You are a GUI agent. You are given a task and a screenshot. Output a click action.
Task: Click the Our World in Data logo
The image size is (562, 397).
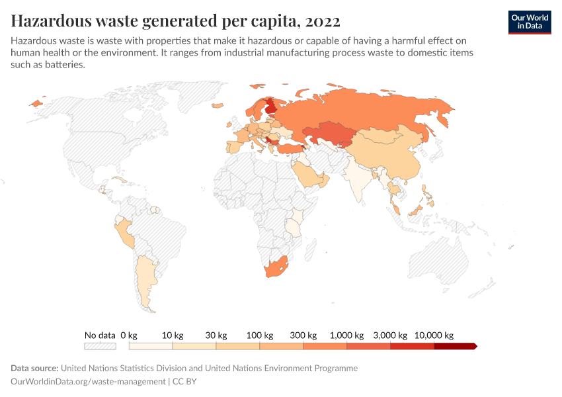pyautogui.click(x=529, y=22)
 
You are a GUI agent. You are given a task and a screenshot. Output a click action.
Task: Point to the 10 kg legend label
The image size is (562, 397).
pyautogui.click(x=172, y=335)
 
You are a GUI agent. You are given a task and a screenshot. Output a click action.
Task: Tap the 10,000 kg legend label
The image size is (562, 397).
pyautogui.click(x=434, y=335)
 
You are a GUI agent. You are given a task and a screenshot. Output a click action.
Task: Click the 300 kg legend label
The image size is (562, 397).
pyautogui.click(x=303, y=335)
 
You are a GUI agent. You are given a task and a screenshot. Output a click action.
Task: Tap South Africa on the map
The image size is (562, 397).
pyautogui.click(x=276, y=268)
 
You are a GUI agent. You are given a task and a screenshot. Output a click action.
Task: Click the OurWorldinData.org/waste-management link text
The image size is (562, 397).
pyautogui.click(x=89, y=381)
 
